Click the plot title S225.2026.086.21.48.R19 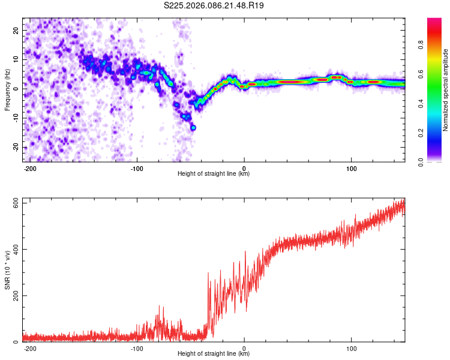pos(214,5)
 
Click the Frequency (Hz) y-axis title pos(7,89)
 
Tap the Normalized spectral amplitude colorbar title pos(446,89)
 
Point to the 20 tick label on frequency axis pos(16,29)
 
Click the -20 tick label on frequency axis pos(15,147)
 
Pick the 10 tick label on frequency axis pos(16,59)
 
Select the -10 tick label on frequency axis pos(15,118)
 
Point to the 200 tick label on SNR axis pos(14,296)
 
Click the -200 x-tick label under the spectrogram pos(30,167)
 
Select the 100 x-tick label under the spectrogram pos(351,167)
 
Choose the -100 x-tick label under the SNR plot pos(137,347)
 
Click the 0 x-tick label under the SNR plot pos(244,347)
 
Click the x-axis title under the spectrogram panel pos(214,174)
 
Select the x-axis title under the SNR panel pos(214,354)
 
